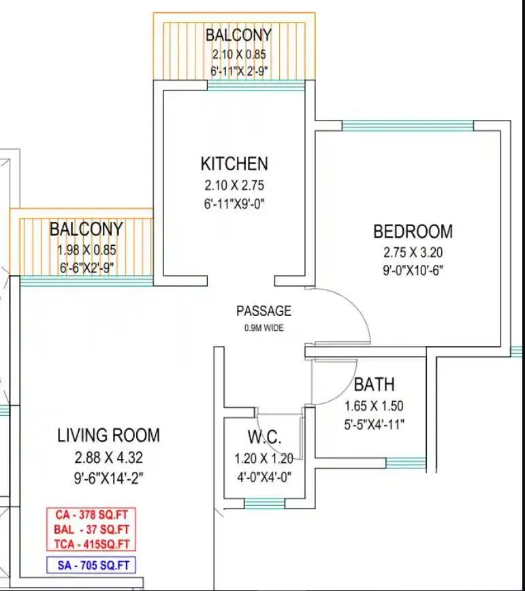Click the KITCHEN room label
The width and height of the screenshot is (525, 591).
[234, 164]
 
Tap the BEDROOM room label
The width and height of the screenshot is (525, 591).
[413, 231]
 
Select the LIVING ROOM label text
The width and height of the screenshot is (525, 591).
[109, 435]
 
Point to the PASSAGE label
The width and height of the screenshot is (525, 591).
[264, 311]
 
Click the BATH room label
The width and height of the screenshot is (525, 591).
[374, 385]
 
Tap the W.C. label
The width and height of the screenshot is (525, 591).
[264, 437]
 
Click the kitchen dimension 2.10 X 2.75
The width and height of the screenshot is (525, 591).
[234, 185]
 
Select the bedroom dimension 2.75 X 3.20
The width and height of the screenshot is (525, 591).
[413, 252]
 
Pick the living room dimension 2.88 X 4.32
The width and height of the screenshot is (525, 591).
[109, 457]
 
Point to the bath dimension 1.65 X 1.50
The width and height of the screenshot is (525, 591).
[374, 406]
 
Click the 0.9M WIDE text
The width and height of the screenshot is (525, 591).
[264, 328]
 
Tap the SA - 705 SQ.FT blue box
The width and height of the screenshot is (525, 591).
[91, 564]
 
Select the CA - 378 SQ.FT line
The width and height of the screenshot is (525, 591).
[91, 515]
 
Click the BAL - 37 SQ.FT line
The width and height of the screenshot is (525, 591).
[91, 529]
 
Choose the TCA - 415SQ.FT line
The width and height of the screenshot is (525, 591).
[91, 543]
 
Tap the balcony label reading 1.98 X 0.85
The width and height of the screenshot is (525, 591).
[86, 250]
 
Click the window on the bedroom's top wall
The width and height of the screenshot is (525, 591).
[407, 125]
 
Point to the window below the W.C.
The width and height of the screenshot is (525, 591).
[264, 504]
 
